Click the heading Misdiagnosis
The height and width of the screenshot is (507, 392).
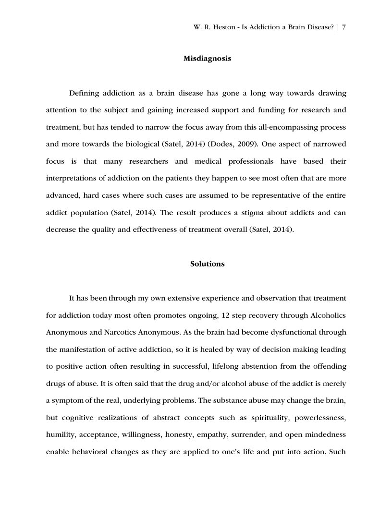coord(207,59)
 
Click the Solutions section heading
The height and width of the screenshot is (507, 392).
coord(207,264)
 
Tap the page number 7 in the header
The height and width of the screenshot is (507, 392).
coord(344,27)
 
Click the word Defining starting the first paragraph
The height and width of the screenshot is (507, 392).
coord(86,93)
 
